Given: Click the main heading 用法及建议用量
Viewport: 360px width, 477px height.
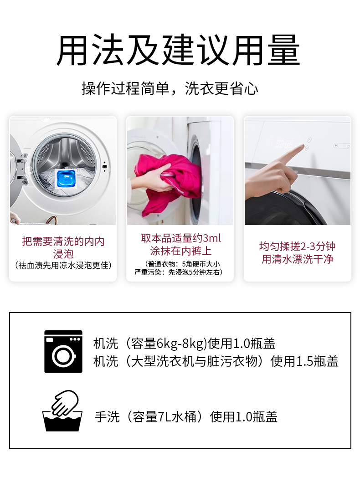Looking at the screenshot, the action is [178, 50].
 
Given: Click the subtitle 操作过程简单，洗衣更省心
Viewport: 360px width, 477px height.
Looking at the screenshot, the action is [170, 89].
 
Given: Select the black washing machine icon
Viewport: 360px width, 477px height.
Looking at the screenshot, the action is [63, 351].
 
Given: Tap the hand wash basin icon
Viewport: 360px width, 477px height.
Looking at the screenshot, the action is [62, 410].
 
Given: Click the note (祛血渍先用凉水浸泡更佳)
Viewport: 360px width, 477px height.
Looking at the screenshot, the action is [63, 266].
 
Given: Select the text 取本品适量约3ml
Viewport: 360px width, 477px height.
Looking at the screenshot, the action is [181, 238].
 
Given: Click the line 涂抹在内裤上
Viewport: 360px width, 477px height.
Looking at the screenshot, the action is [181, 251].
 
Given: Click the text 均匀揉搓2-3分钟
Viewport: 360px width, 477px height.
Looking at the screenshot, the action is [297, 246].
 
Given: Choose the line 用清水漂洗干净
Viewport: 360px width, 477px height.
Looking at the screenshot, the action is [297, 259].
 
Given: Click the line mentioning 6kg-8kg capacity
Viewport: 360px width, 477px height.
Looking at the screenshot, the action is [184, 344].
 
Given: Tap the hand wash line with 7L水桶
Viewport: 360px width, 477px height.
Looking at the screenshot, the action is [186, 417].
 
